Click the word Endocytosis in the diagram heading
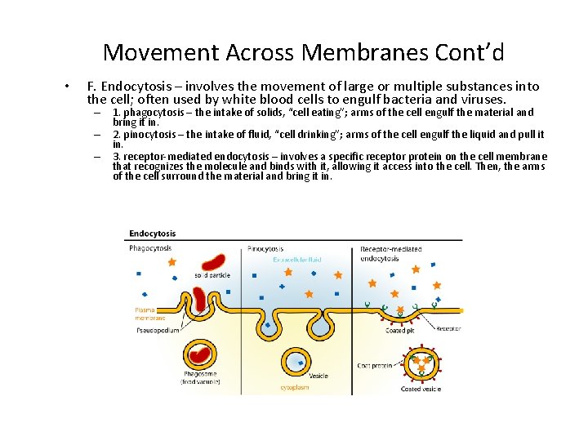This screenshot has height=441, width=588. [x=153, y=234]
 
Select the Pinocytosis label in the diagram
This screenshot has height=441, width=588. [x=265, y=248]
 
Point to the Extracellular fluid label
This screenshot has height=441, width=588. [x=297, y=260]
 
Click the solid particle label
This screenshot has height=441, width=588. [x=212, y=275]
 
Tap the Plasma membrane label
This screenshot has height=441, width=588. [x=150, y=314]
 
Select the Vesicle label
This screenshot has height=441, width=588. [x=318, y=376]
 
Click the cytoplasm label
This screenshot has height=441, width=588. [x=296, y=390]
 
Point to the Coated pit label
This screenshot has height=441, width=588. [x=400, y=331]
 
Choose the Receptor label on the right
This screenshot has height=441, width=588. [x=448, y=329]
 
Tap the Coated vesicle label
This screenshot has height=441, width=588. [x=421, y=390]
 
